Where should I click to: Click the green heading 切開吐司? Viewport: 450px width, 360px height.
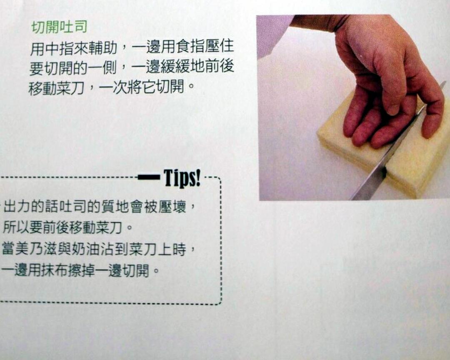[59, 27]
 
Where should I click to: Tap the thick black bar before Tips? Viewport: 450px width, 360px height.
[149, 177]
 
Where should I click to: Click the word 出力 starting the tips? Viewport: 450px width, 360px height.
[17, 207]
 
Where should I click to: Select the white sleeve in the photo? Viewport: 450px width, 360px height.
[272, 35]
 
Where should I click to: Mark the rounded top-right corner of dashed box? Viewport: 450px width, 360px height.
[219, 180]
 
